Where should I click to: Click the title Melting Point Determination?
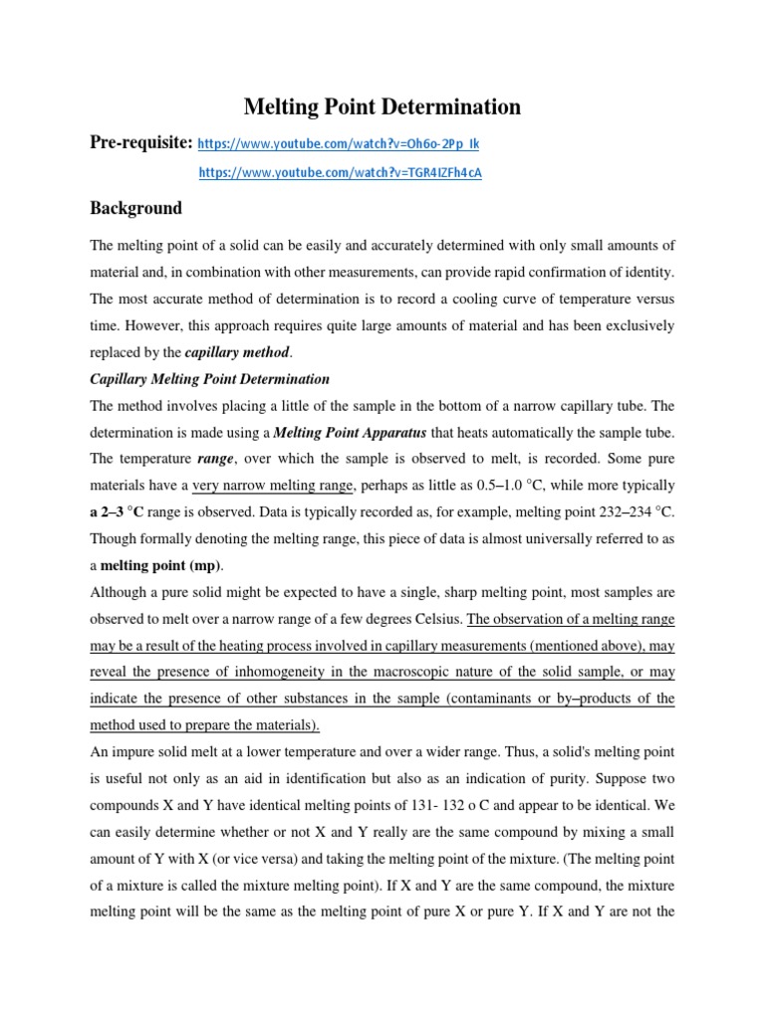[382, 105]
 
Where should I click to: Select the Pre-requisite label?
[140, 143]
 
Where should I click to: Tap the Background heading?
[136, 208]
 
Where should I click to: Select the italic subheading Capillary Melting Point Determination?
[209, 379]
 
